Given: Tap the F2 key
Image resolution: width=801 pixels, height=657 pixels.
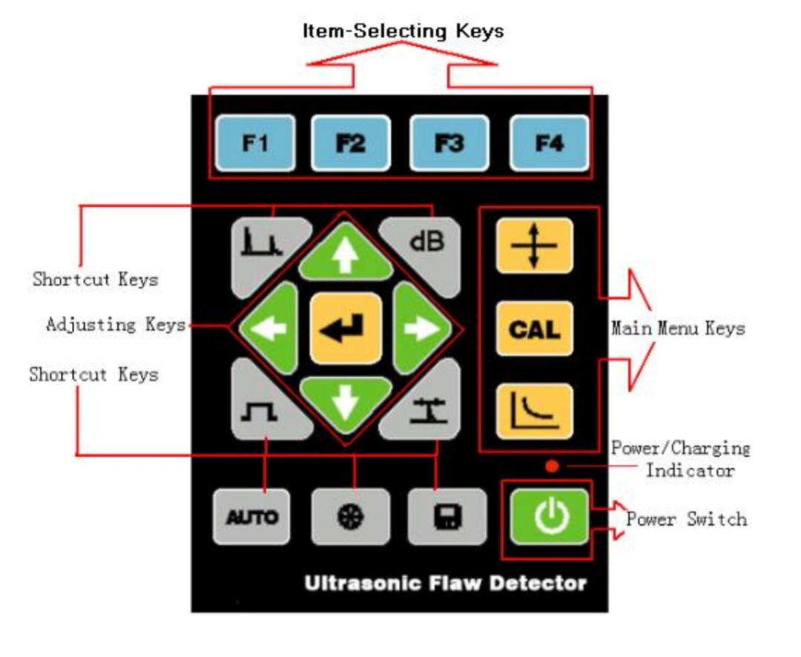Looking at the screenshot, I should coord(350,143).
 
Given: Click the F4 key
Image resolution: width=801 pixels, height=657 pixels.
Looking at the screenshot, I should coord(549,143).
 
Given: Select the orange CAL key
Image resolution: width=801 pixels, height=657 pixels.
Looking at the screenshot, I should coord(534,328).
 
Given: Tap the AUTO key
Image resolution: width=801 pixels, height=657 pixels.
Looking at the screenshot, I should coord(251,517).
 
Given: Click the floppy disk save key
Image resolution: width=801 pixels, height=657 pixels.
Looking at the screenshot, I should coord(447,517).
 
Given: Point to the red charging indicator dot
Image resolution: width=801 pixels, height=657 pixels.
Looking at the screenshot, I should coord(551,466).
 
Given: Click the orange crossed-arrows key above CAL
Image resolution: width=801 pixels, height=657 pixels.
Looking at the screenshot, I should coord(534,246).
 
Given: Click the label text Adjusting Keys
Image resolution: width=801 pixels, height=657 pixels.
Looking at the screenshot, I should coord(115,325).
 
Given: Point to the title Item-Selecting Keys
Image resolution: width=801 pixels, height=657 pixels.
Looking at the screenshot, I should coord(403,31).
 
